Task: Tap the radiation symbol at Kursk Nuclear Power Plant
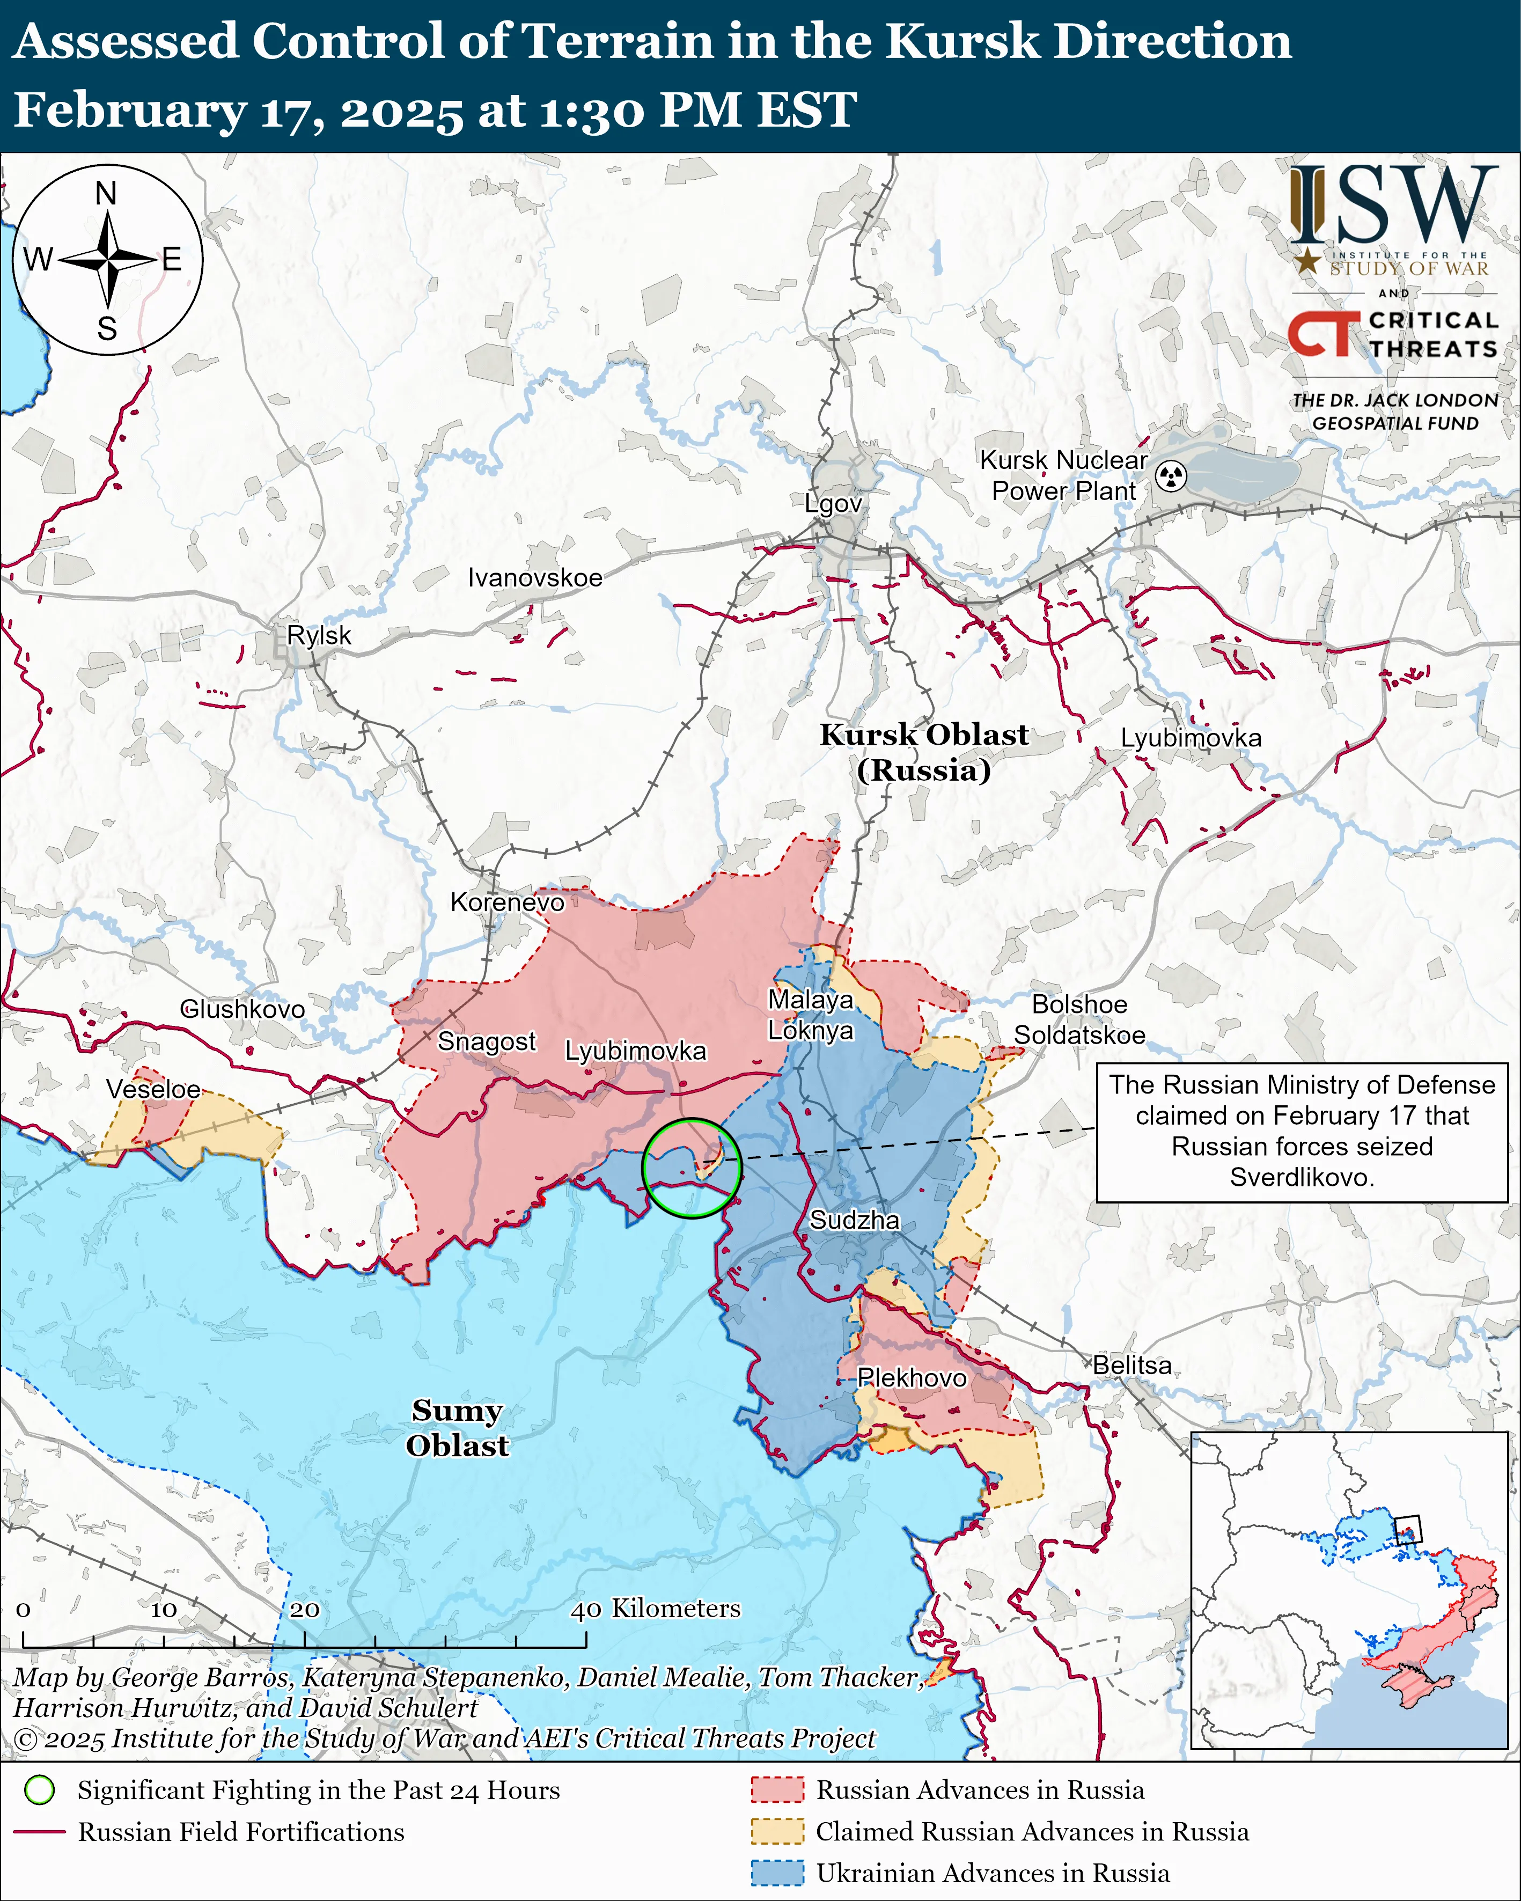tap(1171, 476)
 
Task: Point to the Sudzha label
tap(855, 1220)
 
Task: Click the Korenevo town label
tap(507, 902)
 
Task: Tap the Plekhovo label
tap(912, 1377)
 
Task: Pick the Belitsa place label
tap(1132, 1365)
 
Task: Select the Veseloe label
tap(153, 1089)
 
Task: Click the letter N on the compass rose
tap(106, 193)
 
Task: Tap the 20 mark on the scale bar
tap(304, 1609)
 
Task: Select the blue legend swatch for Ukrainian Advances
tap(777, 1873)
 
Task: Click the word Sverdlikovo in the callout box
tap(1302, 1177)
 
